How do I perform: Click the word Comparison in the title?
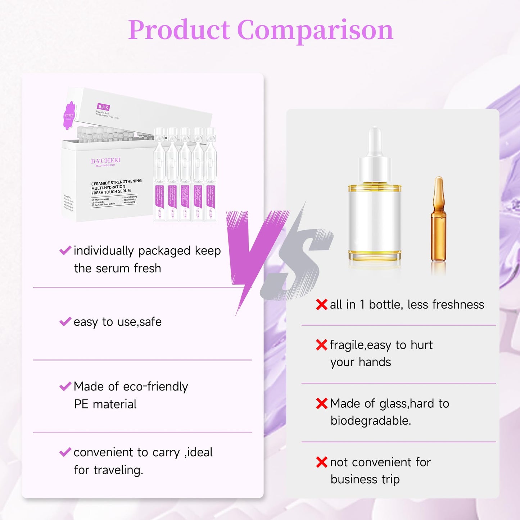pyautogui.click(x=315, y=30)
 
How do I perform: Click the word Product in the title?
pyautogui.click(x=179, y=30)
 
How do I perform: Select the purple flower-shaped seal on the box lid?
pyautogui.click(x=69, y=115)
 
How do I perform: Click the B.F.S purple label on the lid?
pyautogui.click(x=103, y=107)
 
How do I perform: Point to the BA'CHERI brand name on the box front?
pyautogui.click(x=105, y=160)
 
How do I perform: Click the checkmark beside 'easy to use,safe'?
pyautogui.click(x=65, y=321)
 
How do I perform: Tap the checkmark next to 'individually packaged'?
pyautogui.click(x=65, y=250)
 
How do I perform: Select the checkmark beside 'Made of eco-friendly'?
pyautogui.click(x=65, y=386)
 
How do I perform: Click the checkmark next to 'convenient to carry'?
pyautogui.click(x=65, y=452)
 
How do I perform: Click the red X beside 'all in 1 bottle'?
pyautogui.click(x=321, y=304)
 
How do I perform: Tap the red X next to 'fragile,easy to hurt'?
pyautogui.click(x=321, y=345)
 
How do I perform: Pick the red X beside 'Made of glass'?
pyautogui.click(x=321, y=403)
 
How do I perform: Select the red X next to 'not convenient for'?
pyautogui.click(x=321, y=462)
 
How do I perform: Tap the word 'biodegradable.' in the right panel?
pyautogui.click(x=371, y=421)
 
